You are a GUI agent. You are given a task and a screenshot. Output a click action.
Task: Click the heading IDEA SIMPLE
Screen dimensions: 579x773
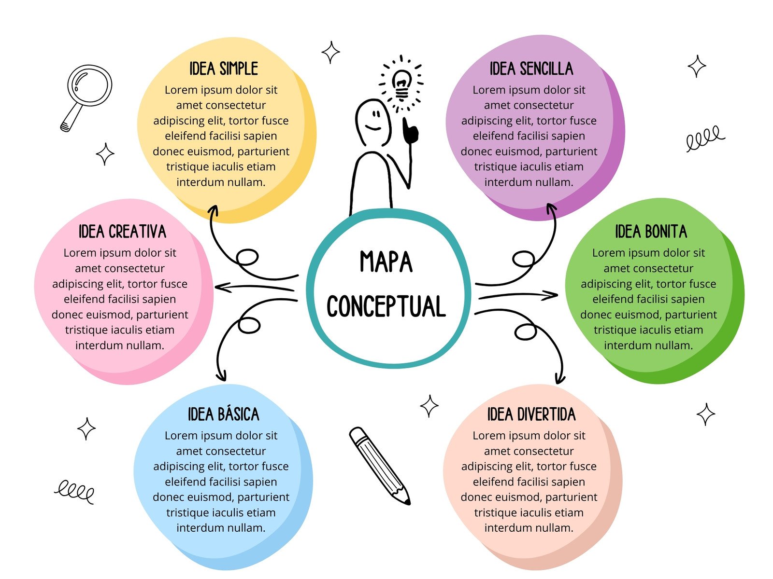pos(223,69)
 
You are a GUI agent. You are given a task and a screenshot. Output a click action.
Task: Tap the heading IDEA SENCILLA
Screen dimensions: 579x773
pos(531,69)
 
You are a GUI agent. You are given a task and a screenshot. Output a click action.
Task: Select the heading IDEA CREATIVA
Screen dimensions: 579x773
pos(122,232)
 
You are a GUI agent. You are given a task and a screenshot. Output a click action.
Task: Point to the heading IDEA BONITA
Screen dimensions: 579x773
pos(651,232)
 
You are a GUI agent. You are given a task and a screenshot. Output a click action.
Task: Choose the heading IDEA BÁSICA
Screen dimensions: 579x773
pos(223,414)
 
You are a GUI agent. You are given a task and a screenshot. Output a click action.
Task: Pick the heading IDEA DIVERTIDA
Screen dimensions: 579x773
pos(531,414)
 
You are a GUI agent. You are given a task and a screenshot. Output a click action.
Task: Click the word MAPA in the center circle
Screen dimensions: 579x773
pos(386,262)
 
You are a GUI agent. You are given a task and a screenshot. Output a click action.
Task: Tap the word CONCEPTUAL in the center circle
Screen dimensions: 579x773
pos(386,306)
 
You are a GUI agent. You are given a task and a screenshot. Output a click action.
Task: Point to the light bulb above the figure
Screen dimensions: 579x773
pos(401,83)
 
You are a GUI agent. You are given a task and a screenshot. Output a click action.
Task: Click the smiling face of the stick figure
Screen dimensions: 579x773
pos(373,121)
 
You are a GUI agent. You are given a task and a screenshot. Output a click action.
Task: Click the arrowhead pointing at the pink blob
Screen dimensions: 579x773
pos(220,288)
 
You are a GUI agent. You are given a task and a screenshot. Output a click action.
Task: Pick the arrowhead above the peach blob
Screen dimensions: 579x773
pos(560,377)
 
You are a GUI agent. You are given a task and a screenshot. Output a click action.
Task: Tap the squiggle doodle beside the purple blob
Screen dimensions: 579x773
pos(705,138)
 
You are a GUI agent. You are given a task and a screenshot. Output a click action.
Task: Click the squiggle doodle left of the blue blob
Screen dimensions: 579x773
pos(74,492)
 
